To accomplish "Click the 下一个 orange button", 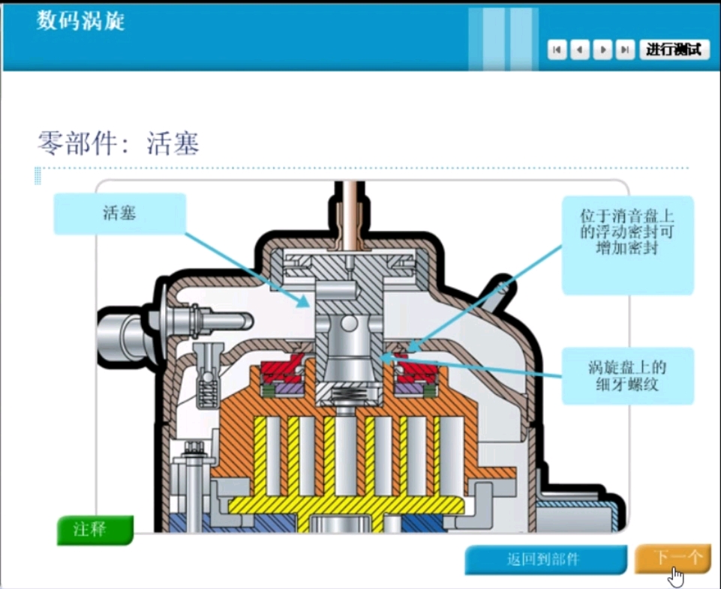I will [672, 558].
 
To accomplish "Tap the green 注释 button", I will [95, 530].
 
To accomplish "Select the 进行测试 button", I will [674, 49].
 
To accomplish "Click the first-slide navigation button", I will [557, 50].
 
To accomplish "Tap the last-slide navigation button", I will [624, 50].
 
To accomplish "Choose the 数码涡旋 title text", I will [80, 21].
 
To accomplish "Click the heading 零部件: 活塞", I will [119, 142].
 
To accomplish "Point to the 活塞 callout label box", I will [119, 214].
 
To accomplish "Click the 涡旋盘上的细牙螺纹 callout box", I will [627, 377].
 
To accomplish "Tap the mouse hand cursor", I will [677, 576].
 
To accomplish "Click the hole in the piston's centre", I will [348, 323].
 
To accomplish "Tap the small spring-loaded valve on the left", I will [206, 376].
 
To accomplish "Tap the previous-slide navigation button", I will [579, 50].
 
